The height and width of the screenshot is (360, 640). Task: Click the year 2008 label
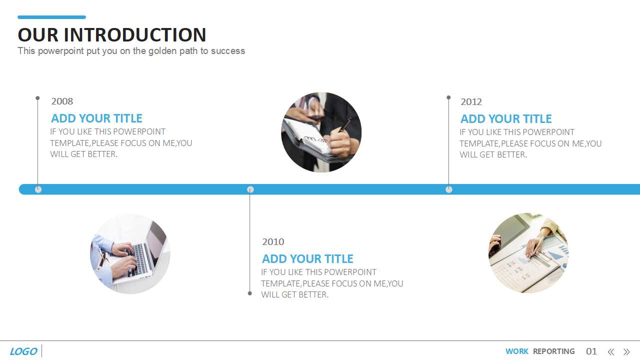[x=62, y=101]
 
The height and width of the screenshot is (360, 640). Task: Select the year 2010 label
[x=273, y=241]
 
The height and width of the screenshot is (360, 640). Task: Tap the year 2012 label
[x=471, y=101]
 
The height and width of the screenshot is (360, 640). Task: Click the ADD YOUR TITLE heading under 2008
[x=96, y=118]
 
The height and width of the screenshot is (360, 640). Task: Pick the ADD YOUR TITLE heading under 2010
[x=307, y=259]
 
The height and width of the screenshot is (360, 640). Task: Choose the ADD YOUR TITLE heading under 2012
[x=506, y=119]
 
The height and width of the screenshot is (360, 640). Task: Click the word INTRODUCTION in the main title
[x=135, y=35]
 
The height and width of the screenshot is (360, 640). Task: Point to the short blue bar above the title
[x=51, y=17]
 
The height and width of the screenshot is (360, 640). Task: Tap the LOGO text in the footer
[x=23, y=351]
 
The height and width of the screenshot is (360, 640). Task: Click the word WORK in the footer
[x=517, y=351]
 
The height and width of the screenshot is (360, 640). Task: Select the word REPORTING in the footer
[x=553, y=351]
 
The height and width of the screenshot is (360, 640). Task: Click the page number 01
[x=591, y=351]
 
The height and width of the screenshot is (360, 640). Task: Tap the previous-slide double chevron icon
[x=611, y=351]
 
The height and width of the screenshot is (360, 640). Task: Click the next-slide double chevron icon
[x=626, y=351]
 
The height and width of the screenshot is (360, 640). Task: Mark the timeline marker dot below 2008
[x=38, y=189]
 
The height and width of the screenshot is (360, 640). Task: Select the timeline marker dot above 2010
[x=250, y=189]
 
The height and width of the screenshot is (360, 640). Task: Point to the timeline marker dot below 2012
[x=449, y=189]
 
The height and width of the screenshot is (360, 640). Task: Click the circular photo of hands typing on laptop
[x=130, y=253]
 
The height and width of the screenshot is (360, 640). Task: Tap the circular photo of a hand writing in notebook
[x=321, y=132]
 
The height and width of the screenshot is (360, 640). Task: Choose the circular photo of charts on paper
[x=528, y=253]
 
